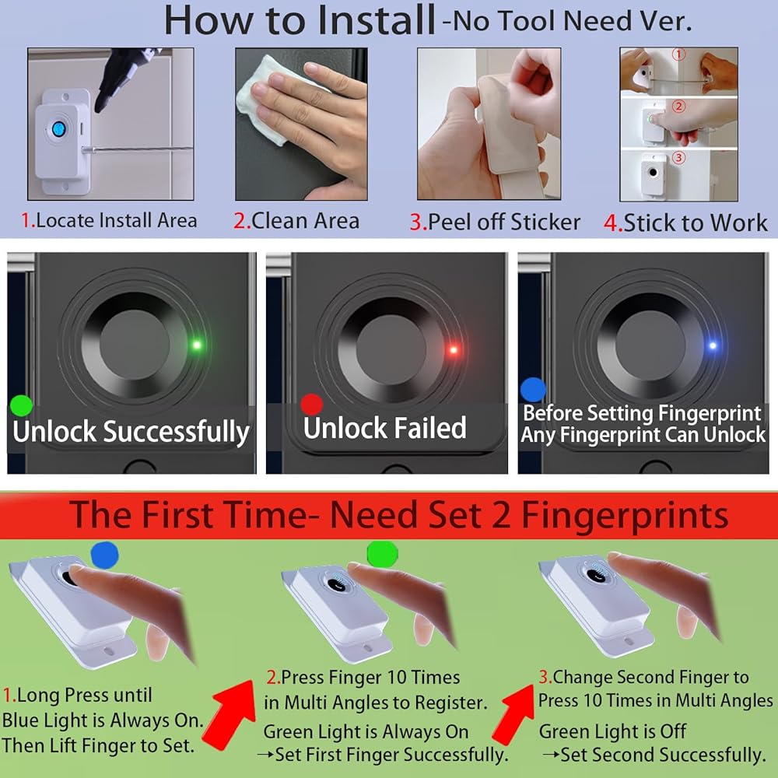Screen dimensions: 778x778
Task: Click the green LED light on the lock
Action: click(x=197, y=345)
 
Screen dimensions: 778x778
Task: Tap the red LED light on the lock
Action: click(x=453, y=350)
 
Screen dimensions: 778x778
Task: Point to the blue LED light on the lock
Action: click(x=713, y=345)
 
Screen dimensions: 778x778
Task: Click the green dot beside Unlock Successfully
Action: click(x=21, y=406)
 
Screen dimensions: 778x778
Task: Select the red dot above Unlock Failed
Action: click(x=312, y=405)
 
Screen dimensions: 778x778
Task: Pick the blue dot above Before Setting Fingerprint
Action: click(x=533, y=390)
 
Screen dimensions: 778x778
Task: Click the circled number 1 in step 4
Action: click(x=678, y=54)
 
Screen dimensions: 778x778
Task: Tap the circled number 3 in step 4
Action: click(x=678, y=158)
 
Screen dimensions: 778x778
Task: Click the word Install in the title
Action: click(x=376, y=20)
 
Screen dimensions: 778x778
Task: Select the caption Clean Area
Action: click(x=296, y=221)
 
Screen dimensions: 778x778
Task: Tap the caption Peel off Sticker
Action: click(x=495, y=222)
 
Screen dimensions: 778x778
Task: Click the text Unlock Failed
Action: click(x=385, y=428)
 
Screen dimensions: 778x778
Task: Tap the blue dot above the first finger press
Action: click(x=105, y=554)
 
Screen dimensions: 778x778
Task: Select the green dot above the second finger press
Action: click(x=383, y=553)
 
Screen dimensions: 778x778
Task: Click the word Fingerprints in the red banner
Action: click(x=625, y=515)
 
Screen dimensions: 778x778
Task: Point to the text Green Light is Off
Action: click(x=612, y=731)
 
